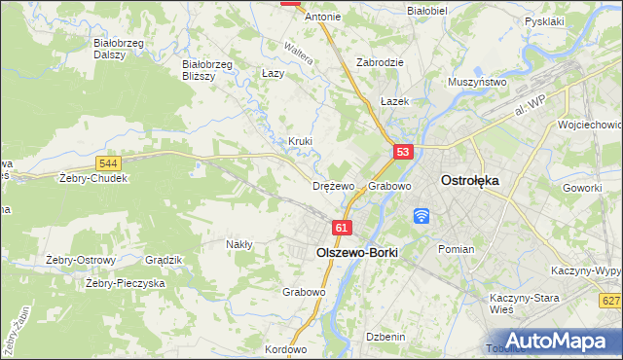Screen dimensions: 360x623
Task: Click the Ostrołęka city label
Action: (470, 180)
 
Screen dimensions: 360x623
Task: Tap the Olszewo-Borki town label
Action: (357, 251)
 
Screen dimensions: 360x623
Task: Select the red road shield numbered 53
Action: (404, 152)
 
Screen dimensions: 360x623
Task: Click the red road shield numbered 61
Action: (341, 228)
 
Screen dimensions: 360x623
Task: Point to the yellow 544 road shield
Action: (109, 163)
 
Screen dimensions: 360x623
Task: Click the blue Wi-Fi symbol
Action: (422, 215)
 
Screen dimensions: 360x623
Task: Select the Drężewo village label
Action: (333, 186)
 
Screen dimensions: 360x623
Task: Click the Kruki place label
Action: (300, 141)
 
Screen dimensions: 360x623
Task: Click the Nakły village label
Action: (239, 244)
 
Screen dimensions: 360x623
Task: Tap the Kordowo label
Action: (285, 349)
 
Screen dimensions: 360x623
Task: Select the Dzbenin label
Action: (385, 336)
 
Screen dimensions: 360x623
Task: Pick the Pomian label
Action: (456, 249)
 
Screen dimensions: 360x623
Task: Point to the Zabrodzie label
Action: (380, 61)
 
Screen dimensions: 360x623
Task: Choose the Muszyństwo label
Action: (477, 83)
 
